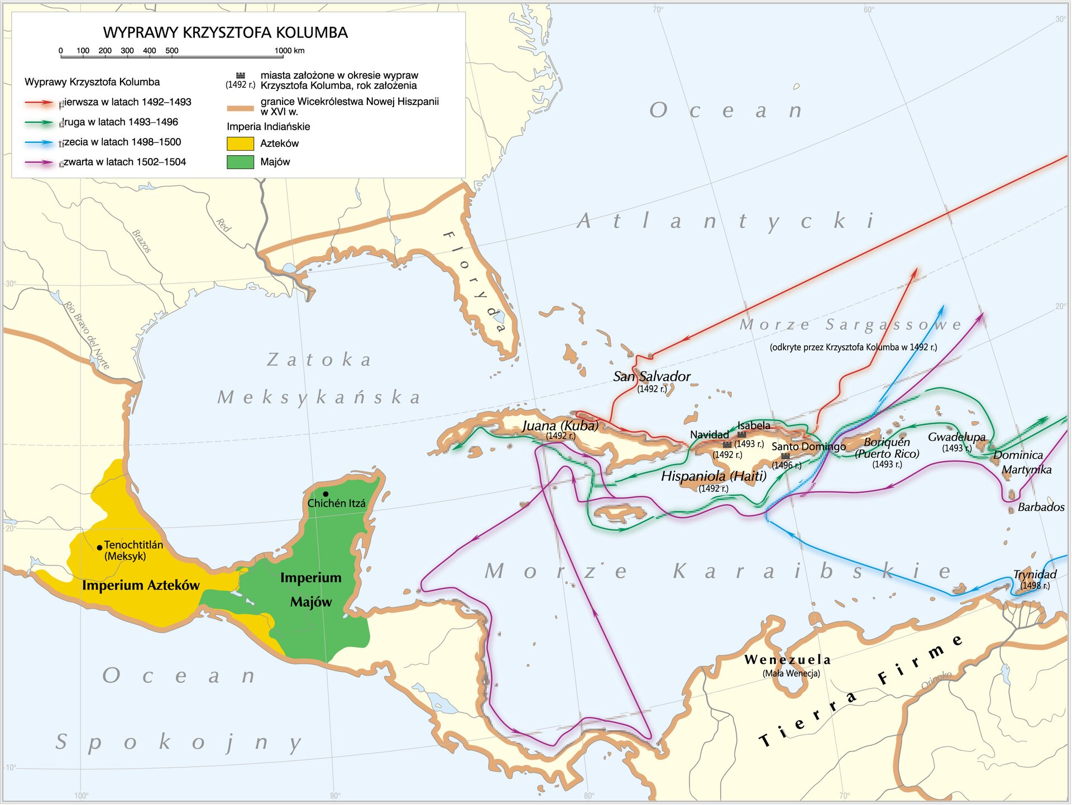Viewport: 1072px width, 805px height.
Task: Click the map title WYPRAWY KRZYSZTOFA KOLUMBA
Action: click(225, 32)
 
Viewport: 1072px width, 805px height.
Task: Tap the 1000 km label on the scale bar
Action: click(289, 50)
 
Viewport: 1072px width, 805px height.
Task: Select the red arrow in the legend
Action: click(39, 103)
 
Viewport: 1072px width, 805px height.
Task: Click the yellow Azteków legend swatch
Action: click(240, 143)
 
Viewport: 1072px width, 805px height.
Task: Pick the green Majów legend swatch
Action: click(240, 162)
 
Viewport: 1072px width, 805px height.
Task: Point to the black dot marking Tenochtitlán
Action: click(99, 548)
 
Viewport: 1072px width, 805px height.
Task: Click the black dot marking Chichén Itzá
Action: click(326, 493)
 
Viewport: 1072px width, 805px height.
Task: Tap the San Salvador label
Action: click(652, 376)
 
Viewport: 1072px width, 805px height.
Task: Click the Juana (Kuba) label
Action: click(560, 425)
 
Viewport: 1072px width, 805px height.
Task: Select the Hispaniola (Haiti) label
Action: click(713, 476)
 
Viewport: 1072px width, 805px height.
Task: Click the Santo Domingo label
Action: click(808, 447)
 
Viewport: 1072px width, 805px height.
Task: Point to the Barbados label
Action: click(1040, 507)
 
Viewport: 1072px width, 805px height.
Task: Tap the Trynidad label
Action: click(1035, 574)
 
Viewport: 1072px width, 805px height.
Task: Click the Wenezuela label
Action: click(787, 659)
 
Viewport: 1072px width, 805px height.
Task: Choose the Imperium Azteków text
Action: click(141, 585)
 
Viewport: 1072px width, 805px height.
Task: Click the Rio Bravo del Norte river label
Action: click(87, 335)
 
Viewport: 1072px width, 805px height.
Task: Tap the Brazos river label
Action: click(142, 241)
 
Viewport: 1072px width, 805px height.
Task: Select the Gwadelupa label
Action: click(956, 437)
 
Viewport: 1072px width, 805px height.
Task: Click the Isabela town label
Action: click(753, 425)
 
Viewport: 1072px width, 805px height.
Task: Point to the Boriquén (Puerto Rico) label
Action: click(887, 448)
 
